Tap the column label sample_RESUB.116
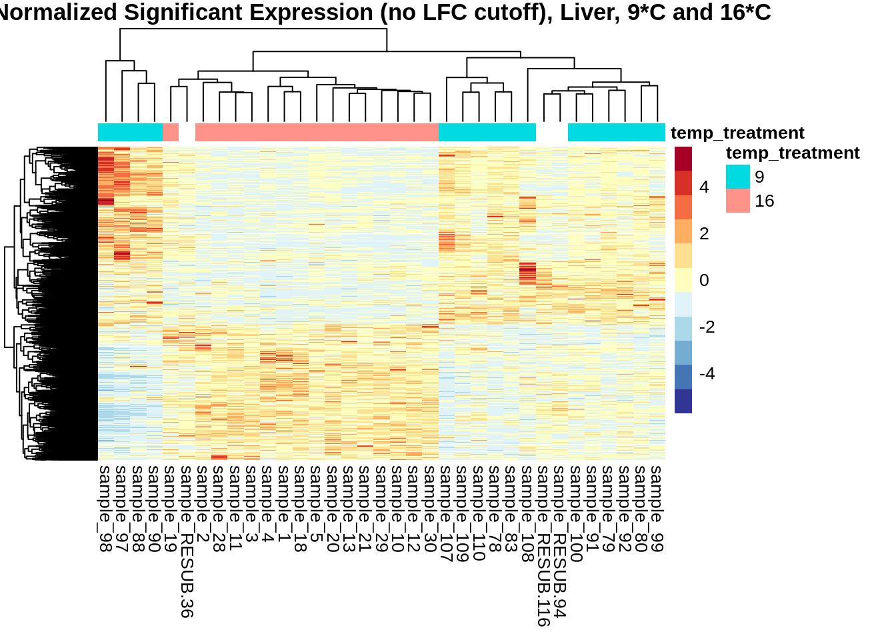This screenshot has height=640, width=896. tap(544, 545)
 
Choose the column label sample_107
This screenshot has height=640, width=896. tap(447, 513)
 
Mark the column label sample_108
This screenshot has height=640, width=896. tap(528, 513)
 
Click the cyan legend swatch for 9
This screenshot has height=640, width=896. tap(737, 177)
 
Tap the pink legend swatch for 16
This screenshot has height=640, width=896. tap(737, 201)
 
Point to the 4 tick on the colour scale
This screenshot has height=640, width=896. tap(704, 187)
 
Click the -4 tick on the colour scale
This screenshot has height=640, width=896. tap(707, 374)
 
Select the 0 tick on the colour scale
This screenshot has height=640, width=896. tap(704, 281)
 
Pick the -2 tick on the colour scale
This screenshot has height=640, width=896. tap(707, 327)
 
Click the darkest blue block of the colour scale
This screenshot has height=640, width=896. tap(683, 401)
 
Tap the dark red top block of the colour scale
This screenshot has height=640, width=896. tap(683, 159)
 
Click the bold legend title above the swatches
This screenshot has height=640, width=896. tap(792, 153)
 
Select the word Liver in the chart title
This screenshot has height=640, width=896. tap(585, 12)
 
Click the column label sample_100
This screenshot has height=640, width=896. tap(577, 513)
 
